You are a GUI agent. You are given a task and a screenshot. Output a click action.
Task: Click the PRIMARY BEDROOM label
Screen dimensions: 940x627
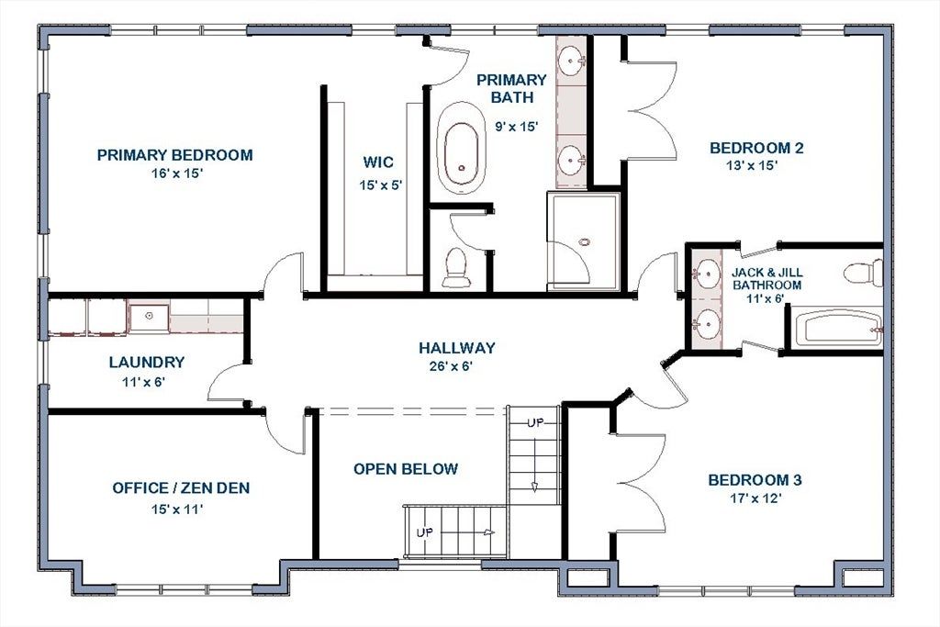pyautogui.click(x=174, y=154)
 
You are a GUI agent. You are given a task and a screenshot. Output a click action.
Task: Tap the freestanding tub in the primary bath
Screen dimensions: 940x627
pyautogui.click(x=461, y=148)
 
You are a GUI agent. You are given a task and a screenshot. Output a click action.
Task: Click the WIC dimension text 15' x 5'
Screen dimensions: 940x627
pyautogui.click(x=380, y=185)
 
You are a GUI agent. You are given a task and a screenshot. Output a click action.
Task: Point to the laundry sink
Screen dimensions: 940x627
pyautogui.click(x=148, y=317)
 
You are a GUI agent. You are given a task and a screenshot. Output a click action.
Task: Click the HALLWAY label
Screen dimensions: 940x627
pyautogui.click(x=457, y=348)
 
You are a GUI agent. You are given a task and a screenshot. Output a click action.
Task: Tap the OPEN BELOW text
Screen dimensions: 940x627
pyautogui.click(x=406, y=469)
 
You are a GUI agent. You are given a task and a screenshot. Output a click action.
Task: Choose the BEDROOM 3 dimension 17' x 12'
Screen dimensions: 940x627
pyautogui.click(x=755, y=498)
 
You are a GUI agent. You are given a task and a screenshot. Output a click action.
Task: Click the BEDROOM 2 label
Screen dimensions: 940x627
pyautogui.click(x=756, y=148)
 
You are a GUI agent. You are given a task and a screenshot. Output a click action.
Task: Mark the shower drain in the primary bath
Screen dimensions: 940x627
pyautogui.click(x=585, y=242)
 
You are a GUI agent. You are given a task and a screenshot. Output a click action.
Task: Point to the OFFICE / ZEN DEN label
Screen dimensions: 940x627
pyautogui.click(x=181, y=488)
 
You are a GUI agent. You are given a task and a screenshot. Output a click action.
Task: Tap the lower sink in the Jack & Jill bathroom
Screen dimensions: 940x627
pyautogui.click(x=707, y=324)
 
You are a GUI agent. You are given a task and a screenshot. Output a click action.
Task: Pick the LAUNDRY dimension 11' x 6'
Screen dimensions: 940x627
pyautogui.click(x=144, y=381)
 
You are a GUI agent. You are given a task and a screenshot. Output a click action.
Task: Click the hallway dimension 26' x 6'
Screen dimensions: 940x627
pyautogui.click(x=452, y=366)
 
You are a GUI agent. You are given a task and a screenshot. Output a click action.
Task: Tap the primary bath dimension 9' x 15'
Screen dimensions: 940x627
pyautogui.click(x=516, y=127)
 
